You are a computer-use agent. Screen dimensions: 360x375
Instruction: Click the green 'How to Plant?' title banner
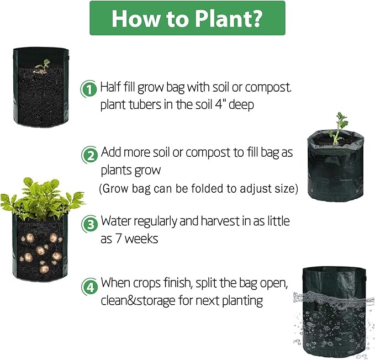click(x=187, y=18)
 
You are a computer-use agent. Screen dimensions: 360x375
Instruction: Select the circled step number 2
click(x=89, y=155)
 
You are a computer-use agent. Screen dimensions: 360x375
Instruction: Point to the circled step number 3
click(x=89, y=224)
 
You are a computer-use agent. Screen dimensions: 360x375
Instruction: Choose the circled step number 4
click(x=89, y=287)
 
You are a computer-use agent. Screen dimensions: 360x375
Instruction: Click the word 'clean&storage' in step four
click(x=138, y=301)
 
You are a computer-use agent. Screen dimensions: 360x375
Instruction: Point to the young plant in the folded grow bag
click(x=338, y=126)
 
